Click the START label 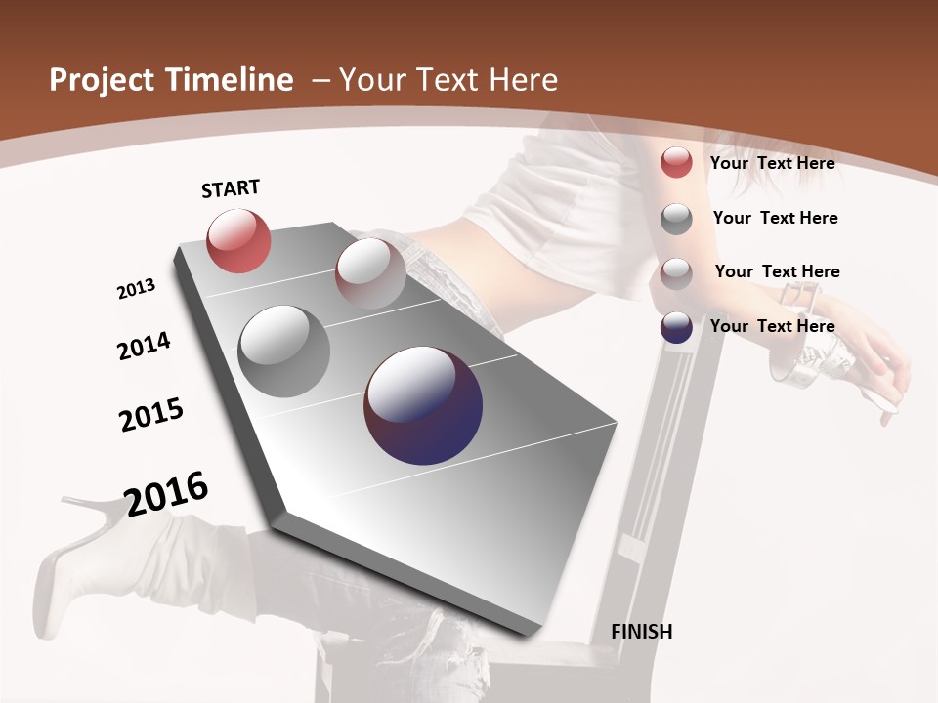pos(231,188)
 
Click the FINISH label pos(641,632)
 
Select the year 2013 pos(136,289)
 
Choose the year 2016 pos(166,494)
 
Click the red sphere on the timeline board pos(238,240)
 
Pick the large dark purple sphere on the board pos(423,405)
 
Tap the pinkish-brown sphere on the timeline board pos(370,273)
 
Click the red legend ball pos(676,162)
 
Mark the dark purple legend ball pos(676,327)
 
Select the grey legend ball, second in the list pos(676,219)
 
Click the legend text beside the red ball pos(772,163)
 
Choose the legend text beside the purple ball pos(772,326)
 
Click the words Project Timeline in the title pos(171,80)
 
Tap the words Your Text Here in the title pos(448,80)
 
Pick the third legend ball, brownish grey pos(676,272)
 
